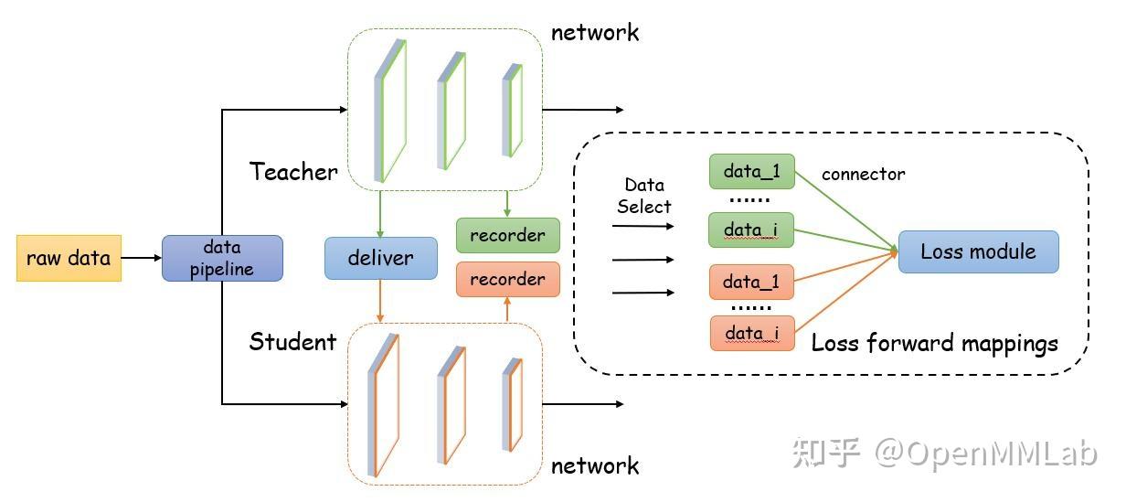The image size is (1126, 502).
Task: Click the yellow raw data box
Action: (x=69, y=258)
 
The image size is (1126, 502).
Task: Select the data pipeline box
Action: (x=222, y=258)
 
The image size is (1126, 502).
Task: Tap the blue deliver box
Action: (x=381, y=258)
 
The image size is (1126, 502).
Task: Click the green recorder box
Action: (x=508, y=235)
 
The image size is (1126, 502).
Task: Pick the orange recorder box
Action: (x=508, y=279)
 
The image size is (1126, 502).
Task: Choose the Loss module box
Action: (x=978, y=251)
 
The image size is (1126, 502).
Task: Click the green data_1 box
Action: (x=752, y=172)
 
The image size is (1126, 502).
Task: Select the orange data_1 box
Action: (x=751, y=282)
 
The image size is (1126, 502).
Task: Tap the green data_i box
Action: (x=751, y=230)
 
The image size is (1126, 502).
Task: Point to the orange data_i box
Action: (x=752, y=333)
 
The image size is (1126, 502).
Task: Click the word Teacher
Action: (x=293, y=172)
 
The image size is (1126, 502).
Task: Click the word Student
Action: (x=292, y=342)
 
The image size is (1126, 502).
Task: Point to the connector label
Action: (x=863, y=174)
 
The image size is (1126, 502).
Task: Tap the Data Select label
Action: (x=644, y=196)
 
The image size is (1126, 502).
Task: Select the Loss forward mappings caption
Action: (x=934, y=344)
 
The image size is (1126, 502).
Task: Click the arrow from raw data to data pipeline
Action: (x=142, y=258)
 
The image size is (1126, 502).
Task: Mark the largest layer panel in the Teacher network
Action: (x=390, y=111)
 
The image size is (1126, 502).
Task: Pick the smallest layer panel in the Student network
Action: (x=512, y=404)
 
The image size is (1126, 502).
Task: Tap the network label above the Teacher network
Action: (x=595, y=33)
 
